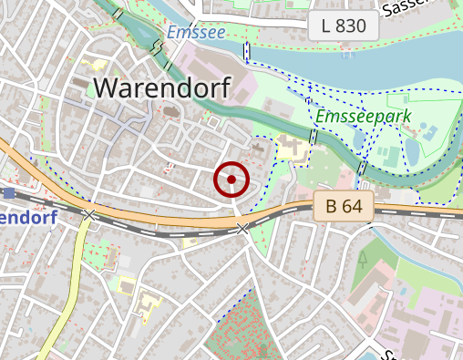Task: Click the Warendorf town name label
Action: [162, 87]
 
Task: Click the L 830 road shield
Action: [344, 26]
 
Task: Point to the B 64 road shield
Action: [344, 207]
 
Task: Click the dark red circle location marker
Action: [231, 180]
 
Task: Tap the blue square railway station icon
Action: [9, 193]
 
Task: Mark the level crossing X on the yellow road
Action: [88, 215]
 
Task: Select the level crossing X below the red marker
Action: [242, 228]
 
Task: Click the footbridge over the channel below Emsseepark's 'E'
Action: [314, 136]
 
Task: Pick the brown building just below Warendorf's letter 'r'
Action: [170, 115]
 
